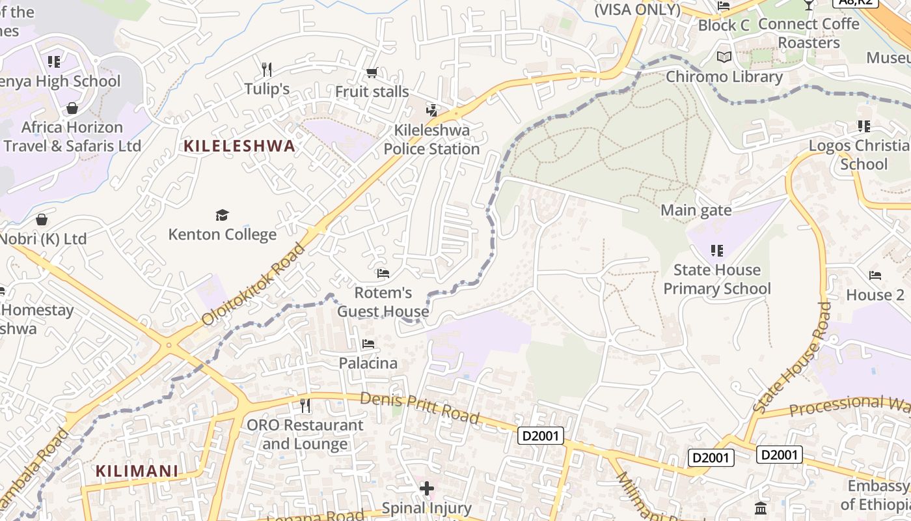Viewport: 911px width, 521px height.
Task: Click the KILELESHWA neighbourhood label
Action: [239, 146]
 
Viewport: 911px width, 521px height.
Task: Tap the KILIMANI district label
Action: [137, 471]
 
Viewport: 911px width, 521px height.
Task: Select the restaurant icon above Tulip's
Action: [265, 69]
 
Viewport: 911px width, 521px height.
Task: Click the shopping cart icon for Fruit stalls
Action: [372, 72]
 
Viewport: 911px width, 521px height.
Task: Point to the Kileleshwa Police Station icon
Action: [431, 110]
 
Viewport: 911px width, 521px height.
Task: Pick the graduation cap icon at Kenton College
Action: [223, 215]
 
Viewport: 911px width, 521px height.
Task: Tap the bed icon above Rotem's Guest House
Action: [383, 274]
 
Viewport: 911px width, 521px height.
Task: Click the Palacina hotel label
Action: [368, 363]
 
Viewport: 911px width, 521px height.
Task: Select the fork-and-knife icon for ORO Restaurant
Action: [305, 406]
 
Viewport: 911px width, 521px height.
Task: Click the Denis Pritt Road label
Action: [420, 407]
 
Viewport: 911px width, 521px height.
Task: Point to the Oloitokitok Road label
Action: [254, 285]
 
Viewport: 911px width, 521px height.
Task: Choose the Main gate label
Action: [696, 210]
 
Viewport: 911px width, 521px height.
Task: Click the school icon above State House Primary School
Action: [717, 250]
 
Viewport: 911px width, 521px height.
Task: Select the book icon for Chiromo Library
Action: [724, 57]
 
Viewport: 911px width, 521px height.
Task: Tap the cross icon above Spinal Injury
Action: [427, 488]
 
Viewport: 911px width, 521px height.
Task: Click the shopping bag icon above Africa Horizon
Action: [72, 107]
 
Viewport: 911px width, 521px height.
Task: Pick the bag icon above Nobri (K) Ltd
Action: [42, 219]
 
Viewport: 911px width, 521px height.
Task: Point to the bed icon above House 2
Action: [875, 275]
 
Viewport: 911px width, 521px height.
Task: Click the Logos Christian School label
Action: [858, 154]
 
